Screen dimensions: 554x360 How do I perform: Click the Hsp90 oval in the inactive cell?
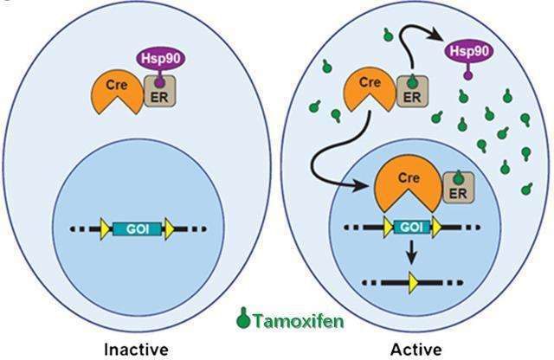tap(161, 59)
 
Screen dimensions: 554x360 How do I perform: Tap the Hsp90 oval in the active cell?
tap(468, 52)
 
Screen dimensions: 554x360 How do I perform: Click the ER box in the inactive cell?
tap(160, 92)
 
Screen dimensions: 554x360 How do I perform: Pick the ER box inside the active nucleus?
tap(458, 188)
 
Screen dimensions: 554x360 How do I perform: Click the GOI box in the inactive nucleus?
tap(138, 229)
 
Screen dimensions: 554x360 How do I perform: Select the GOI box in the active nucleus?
tap(411, 227)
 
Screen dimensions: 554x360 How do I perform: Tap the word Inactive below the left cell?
tap(136, 350)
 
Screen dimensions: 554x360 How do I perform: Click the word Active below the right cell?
tap(415, 350)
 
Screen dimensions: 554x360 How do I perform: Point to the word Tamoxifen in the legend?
tap(299, 321)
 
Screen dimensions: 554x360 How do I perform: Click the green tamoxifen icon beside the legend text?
tap(243, 318)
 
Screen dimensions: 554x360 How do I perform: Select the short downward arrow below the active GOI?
tap(411, 252)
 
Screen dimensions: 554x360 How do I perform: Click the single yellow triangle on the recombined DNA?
tap(413, 283)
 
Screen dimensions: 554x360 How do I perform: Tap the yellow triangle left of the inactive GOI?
tap(105, 229)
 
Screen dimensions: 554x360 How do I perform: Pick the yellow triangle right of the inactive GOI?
tap(170, 229)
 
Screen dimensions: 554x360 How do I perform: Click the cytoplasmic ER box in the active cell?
tap(413, 92)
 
